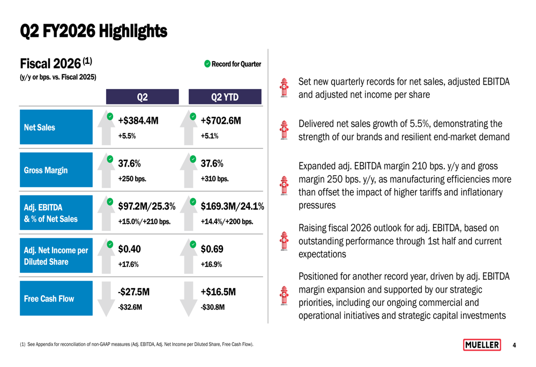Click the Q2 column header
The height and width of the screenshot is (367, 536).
pos(142,96)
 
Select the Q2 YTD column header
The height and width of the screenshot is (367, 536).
pos(225,96)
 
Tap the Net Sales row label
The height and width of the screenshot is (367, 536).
pos(56,127)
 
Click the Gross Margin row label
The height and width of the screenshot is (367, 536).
pos(56,170)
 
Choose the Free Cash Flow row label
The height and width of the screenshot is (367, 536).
pos(56,298)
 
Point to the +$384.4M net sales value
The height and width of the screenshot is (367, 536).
pos(138,121)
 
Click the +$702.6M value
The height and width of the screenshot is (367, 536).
pos(221,121)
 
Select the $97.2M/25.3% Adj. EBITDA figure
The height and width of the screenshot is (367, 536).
pos(147,206)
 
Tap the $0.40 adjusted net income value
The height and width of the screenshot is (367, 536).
pos(129,249)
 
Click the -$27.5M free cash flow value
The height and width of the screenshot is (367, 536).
pos(133,292)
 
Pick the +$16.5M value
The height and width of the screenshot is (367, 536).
pos(218,292)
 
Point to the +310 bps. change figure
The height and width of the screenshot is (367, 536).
pos(215,179)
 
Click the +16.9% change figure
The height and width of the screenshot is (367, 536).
pos(211,264)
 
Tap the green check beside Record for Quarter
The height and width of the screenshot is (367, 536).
pos(207,64)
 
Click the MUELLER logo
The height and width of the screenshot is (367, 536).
pos(482,345)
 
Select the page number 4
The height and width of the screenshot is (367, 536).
pos(514,345)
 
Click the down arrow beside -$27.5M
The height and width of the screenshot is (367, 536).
pos(106,299)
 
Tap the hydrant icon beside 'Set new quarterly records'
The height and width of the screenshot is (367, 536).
pos(284,88)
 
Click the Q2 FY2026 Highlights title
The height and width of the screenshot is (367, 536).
pos(94,31)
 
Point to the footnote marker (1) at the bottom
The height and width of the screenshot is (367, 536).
pos(23,344)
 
